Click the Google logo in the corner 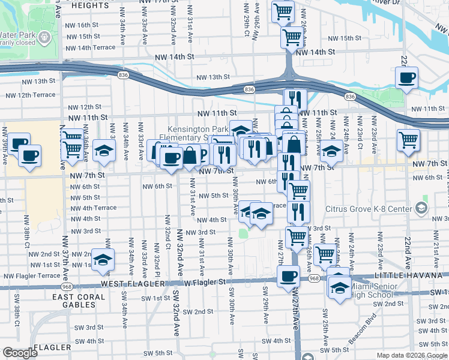20,353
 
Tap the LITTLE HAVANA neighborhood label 419,275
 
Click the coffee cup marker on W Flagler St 289,277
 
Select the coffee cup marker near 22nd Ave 407,77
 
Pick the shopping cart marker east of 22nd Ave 409,140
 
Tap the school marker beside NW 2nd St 103,259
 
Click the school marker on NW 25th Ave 330,151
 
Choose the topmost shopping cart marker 283,10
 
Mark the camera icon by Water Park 44,38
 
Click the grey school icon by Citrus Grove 421,208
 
